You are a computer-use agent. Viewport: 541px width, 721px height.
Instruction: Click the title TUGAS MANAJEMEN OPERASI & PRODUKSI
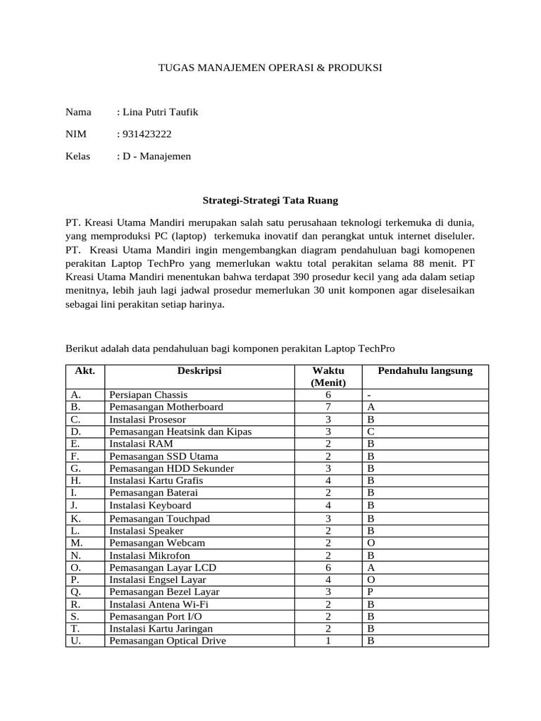(270, 68)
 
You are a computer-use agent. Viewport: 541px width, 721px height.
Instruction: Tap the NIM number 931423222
(147, 134)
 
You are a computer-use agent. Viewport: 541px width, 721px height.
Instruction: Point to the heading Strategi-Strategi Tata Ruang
(270, 201)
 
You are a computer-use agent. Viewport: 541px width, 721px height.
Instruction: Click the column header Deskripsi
(199, 371)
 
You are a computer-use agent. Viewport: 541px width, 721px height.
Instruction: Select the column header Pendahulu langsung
(425, 371)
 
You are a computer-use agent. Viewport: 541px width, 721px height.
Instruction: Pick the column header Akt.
(85, 371)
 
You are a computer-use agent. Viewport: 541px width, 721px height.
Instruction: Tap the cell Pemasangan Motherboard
(166, 407)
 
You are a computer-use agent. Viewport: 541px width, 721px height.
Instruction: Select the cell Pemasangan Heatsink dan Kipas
(180, 432)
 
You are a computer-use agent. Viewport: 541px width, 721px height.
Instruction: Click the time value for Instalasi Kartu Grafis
(328, 481)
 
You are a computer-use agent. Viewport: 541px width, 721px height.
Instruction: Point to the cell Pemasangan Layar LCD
(161, 567)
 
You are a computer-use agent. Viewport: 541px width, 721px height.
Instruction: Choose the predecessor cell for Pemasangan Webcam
(371, 542)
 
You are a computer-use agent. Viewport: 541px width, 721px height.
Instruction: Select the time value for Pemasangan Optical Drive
(328, 641)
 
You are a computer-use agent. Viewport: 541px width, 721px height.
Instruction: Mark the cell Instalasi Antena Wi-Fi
(159, 604)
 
